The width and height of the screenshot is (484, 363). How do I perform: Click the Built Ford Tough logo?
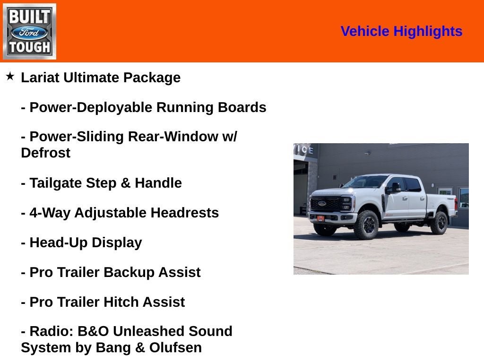(x=29, y=31)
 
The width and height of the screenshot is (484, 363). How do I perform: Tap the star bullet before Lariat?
(x=10, y=76)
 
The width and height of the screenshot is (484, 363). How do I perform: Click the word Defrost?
(x=45, y=153)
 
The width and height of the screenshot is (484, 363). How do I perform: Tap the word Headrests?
(x=184, y=213)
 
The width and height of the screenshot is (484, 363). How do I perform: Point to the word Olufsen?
(x=175, y=347)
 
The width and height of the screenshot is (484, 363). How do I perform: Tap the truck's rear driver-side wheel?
(x=439, y=223)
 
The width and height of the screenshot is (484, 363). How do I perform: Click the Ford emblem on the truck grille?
(x=322, y=203)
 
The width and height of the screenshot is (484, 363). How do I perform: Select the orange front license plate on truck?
(x=320, y=218)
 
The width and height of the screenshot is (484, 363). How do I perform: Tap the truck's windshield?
(x=366, y=181)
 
